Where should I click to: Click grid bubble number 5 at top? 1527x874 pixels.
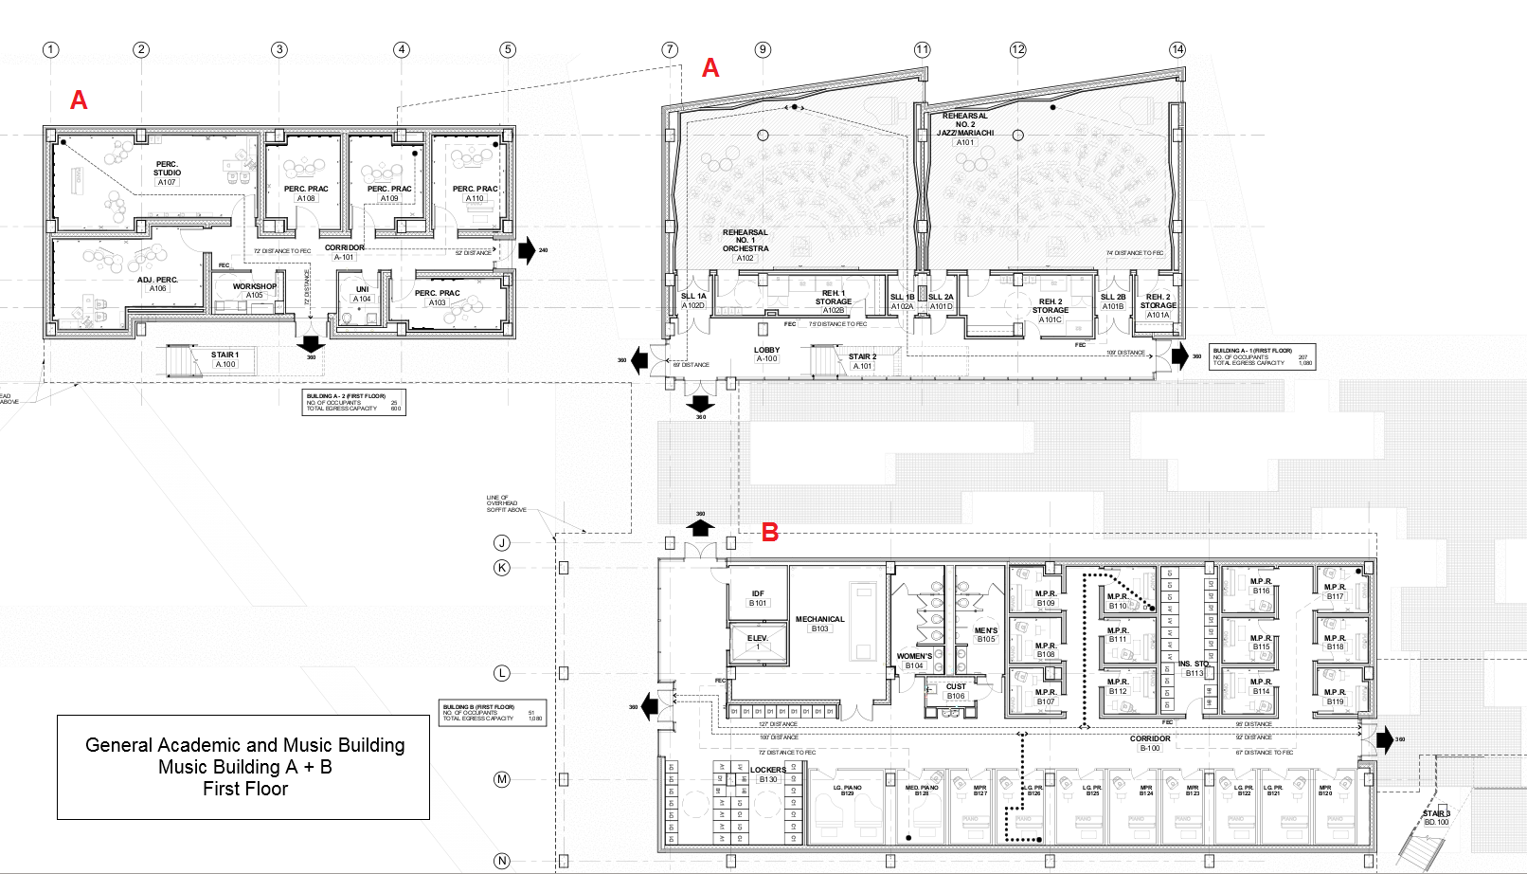[x=508, y=49]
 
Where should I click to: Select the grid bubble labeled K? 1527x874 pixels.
[x=502, y=568]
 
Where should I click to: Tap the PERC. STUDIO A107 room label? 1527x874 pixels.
[x=167, y=173]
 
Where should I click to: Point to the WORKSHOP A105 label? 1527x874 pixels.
[x=255, y=290]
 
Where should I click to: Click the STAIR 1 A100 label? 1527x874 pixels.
[x=225, y=359]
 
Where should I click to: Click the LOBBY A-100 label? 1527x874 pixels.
[x=766, y=354]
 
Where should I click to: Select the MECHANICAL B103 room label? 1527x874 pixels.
[x=819, y=623]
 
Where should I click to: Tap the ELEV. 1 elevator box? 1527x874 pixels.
[x=757, y=643]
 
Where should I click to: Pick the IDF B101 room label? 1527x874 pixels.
[x=758, y=598]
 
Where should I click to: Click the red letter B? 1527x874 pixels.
[x=770, y=533]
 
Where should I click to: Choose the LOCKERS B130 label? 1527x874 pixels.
[x=767, y=774]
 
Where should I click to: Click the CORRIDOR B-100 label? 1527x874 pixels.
[x=1150, y=742]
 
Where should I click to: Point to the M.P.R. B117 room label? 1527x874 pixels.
[x=1335, y=592]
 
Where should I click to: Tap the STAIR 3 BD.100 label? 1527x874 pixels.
[x=1436, y=817]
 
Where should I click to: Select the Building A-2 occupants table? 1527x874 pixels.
[x=353, y=402]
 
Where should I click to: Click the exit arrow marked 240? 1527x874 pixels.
[x=527, y=251]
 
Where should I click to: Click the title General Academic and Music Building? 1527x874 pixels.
[x=244, y=745]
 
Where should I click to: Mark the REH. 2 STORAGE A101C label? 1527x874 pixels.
[x=1050, y=310]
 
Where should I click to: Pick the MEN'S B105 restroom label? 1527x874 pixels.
[x=985, y=634]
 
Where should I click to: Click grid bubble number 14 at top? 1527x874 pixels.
[x=1177, y=49]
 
